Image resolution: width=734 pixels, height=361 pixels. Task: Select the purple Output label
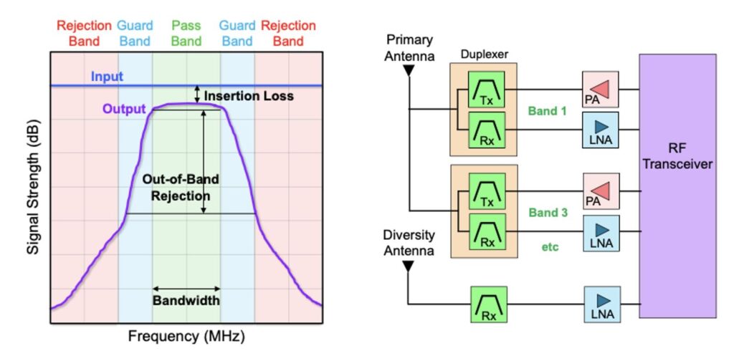[124, 110]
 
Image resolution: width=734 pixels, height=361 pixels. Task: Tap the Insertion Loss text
[249, 96]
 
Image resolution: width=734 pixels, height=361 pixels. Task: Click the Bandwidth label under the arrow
[186, 300]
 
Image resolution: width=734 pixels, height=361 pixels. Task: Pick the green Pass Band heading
[186, 33]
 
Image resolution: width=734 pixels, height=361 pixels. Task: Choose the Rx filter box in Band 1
[486, 130]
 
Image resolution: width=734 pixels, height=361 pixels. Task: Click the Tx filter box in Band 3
[486, 191]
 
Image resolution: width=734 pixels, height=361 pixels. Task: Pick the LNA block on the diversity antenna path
[601, 304]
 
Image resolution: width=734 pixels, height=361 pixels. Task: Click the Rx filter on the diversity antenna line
[489, 304]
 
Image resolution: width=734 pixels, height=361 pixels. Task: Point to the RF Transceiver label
[678, 157]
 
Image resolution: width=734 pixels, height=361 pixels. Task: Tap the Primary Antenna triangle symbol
[409, 71]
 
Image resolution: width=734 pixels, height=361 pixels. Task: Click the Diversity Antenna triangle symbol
[408, 266]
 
